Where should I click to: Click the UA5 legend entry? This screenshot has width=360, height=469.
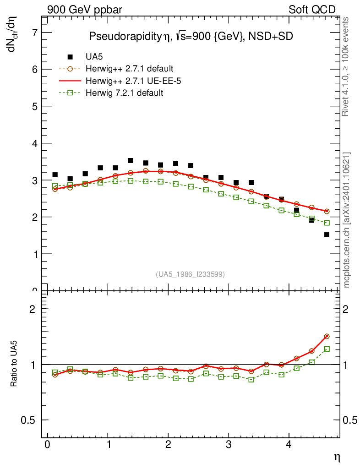click(93, 57)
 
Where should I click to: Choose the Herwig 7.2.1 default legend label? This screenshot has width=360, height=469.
click(124, 93)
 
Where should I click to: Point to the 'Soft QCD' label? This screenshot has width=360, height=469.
click(312, 10)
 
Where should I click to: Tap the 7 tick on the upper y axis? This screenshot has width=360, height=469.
click(34, 33)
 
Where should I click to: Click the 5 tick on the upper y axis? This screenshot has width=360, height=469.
click(34, 106)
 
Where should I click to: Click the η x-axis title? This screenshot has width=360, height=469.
click(336, 457)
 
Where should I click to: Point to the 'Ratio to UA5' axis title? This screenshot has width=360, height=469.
click(15, 364)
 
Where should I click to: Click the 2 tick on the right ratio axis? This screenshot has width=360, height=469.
click(349, 309)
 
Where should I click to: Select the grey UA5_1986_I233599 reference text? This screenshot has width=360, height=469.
click(191, 274)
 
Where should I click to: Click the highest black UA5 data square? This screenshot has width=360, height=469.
click(131, 161)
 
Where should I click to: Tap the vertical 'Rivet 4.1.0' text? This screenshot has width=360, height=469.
click(346, 67)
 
